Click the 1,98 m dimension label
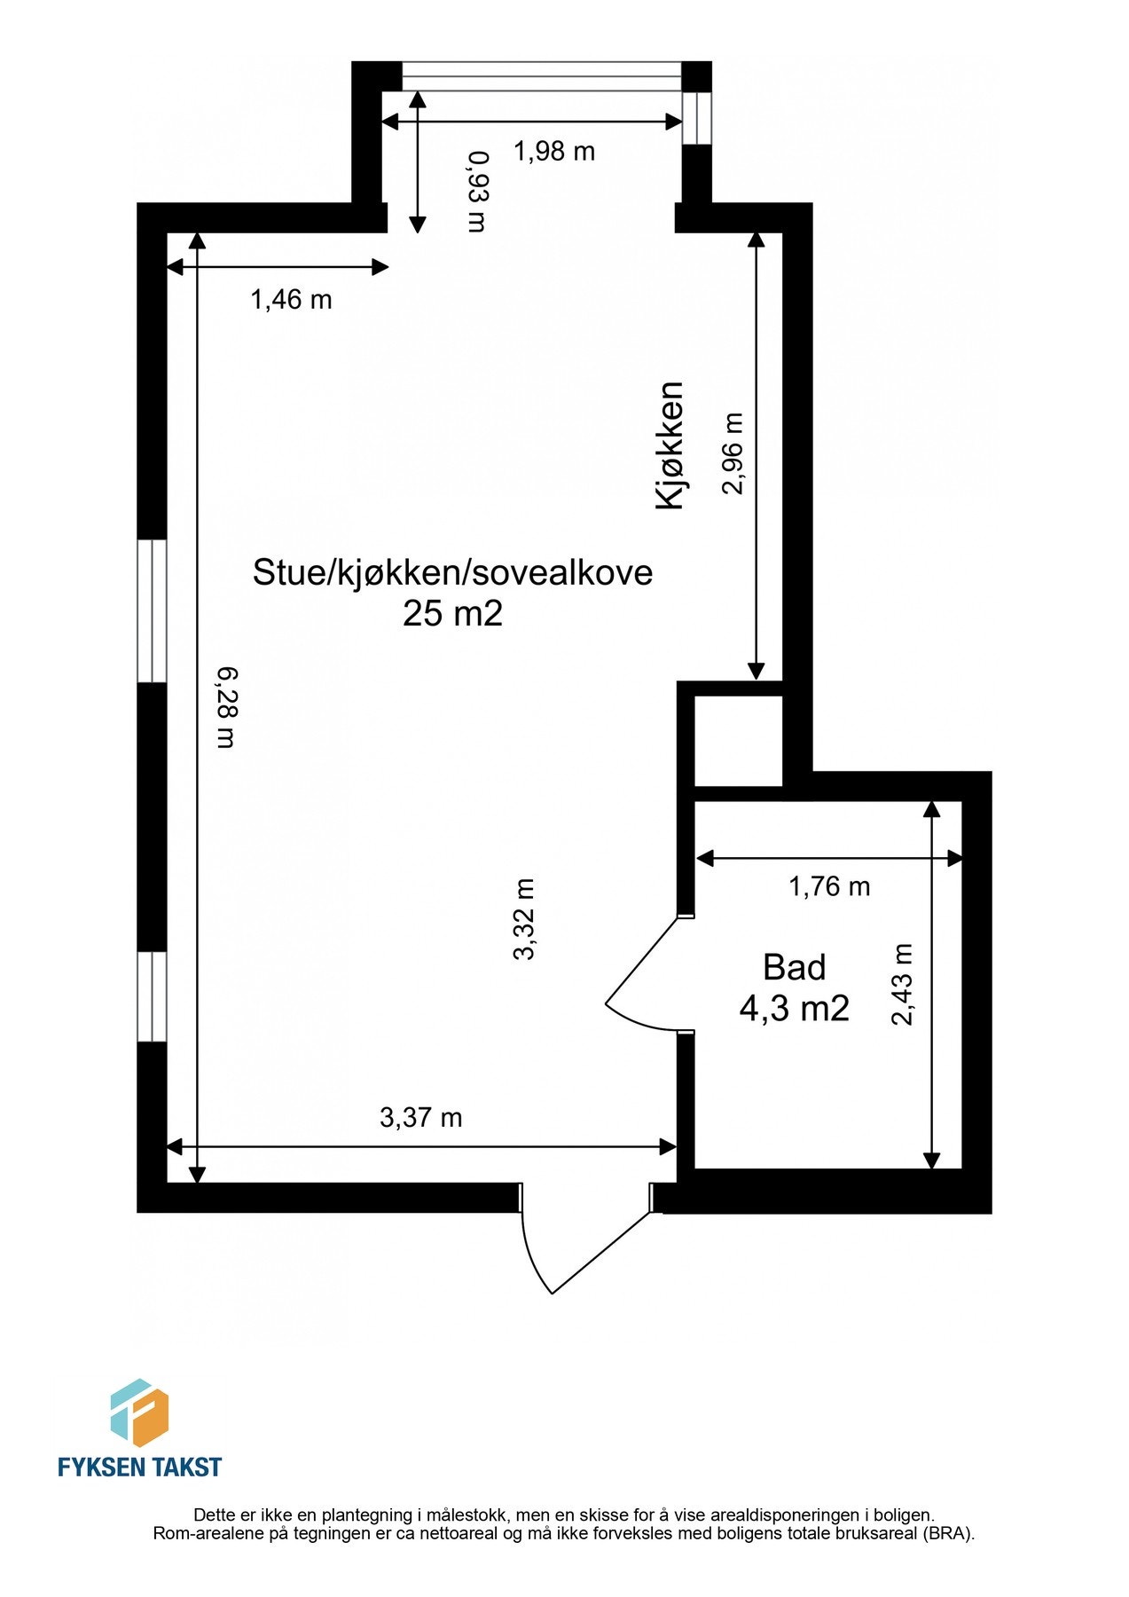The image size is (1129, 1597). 553,152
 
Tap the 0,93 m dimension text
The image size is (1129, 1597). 478,191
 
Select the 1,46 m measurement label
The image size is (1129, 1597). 291,300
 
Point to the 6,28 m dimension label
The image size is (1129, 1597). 227,707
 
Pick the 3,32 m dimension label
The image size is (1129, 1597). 525,918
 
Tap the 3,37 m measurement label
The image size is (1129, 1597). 420,1117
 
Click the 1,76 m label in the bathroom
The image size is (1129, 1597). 829,885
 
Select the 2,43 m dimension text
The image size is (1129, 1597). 902,984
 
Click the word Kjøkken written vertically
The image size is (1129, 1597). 670,445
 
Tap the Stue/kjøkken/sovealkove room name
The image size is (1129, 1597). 452,572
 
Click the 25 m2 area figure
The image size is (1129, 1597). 452,613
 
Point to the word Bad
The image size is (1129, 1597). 794,967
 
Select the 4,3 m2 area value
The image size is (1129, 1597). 794,1008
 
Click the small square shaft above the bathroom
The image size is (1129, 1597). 737,741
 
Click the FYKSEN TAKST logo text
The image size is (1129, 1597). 139,1467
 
